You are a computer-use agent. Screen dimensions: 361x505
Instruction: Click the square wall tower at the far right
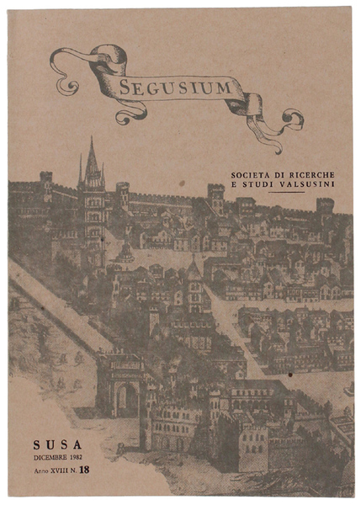325,206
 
